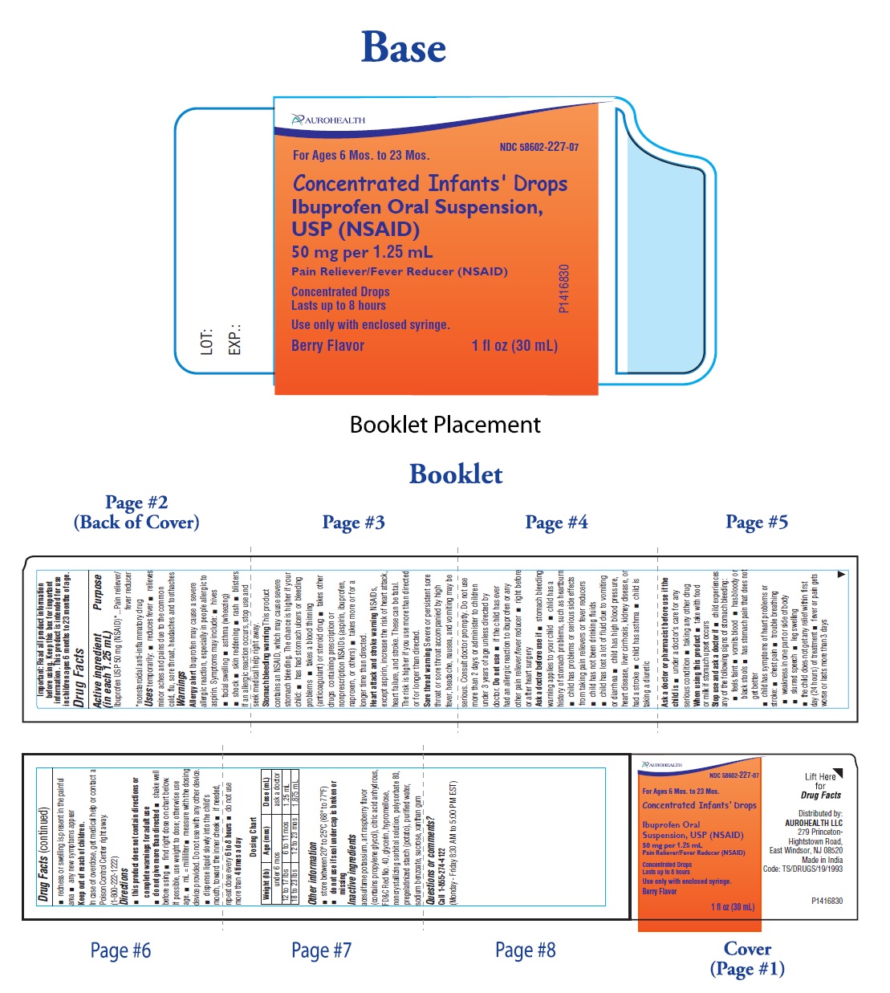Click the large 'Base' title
[404, 47]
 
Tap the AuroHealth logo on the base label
[329, 120]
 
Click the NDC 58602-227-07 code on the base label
[538, 147]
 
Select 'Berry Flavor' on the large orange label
[327, 346]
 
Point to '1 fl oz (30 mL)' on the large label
[514, 346]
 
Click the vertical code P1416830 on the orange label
[564, 288]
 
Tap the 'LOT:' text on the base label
[207, 341]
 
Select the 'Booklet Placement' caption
[445, 425]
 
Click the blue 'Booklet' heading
[456, 474]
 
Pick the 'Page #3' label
[353, 523]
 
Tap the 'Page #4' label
[556, 523]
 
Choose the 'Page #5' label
[756, 523]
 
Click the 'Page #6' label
[120, 951]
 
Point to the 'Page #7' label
[321, 951]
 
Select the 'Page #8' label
[525, 950]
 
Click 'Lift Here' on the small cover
[819, 776]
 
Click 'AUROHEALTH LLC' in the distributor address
[814, 823]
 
